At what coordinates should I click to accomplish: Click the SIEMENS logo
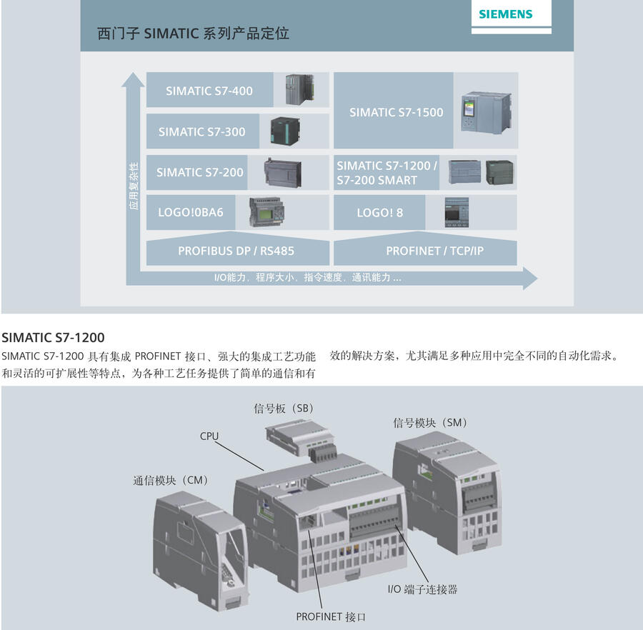[x=505, y=14]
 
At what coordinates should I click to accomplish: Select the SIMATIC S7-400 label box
[x=209, y=91]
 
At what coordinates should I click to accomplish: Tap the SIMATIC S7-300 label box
[x=201, y=131]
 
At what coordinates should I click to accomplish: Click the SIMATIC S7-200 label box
[x=199, y=172]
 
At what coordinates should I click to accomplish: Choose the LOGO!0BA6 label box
[x=190, y=212]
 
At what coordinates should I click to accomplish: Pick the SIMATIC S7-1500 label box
[x=396, y=112]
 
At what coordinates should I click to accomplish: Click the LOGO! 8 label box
[x=379, y=212]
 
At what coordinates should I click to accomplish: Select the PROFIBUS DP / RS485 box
[x=236, y=251]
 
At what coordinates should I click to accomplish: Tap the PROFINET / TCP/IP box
[x=434, y=251]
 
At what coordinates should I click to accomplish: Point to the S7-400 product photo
[x=299, y=89]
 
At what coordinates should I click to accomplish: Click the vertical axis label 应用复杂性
[x=134, y=186]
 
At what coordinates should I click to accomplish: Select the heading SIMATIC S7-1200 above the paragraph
[x=54, y=337]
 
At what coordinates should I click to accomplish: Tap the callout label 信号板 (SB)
[x=284, y=409]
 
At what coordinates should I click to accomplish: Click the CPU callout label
[x=209, y=436]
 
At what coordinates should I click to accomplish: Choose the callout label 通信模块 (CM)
[x=169, y=481]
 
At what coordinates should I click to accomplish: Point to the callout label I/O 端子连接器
[x=422, y=589]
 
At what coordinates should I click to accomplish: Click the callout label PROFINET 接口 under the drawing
[x=331, y=616]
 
